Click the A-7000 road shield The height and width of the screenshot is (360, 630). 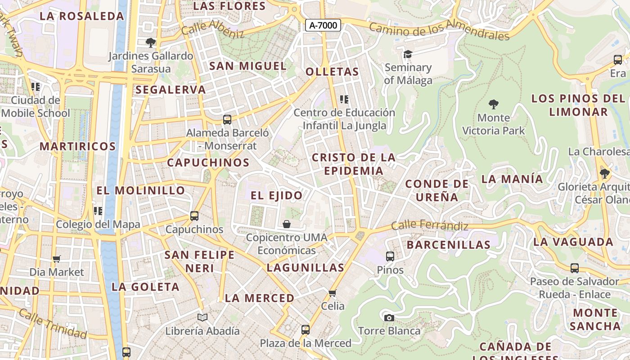click(x=323, y=25)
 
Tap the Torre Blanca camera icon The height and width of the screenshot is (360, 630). click(x=389, y=318)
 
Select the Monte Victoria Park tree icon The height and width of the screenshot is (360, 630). click(x=494, y=105)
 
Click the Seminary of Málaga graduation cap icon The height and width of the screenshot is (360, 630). click(x=408, y=54)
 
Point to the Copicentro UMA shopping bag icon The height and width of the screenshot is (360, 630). click(x=287, y=224)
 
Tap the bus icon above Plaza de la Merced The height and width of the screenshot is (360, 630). click(x=306, y=330)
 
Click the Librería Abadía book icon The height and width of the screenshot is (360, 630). click(x=202, y=318)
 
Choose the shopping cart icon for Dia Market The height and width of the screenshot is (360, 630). click(x=57, y=259)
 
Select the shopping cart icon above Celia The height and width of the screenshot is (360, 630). click(x=333, y=293)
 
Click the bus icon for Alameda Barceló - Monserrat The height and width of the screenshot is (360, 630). click(x=227, y=120)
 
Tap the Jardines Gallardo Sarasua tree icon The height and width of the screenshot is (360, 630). click(x=151, y=43)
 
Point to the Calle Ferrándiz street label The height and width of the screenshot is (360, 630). click(x=429, y=225)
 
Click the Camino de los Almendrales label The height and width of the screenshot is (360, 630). click(x=439, y=30)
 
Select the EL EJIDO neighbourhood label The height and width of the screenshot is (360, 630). click(x=276, y=195)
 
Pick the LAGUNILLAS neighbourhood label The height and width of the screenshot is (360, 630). click(x=305, y=268)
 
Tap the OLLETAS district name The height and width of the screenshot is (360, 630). click(x=332, y=72)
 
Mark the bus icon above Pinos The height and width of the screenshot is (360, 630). click(x=390, y=256)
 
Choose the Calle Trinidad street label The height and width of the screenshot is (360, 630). click(x=53, y=324)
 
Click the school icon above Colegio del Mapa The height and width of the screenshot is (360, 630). click(x=98, y=211)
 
